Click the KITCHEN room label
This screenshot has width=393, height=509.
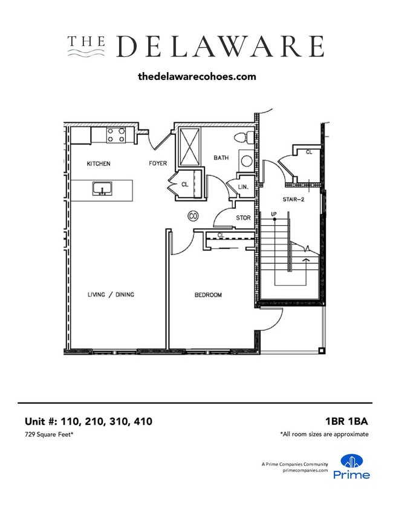[99, 164]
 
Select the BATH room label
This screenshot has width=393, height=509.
[221, 158]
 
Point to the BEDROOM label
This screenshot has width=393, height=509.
[208, 295]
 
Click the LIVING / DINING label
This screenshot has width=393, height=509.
[111, 295]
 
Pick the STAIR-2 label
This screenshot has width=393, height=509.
[293, 199]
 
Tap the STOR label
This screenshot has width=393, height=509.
[243, 218]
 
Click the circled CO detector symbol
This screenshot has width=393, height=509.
[193, 215]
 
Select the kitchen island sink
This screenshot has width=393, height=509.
[102, 189]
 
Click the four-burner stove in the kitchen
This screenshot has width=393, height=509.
[116, 135]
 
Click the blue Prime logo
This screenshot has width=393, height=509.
[352, 467]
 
